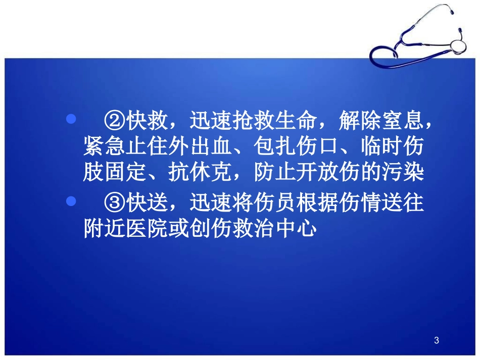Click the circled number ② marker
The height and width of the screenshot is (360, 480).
(x=115, y=121)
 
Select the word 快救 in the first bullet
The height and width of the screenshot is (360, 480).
(x=148, y=121)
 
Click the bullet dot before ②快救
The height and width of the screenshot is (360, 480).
(x=71, y=119)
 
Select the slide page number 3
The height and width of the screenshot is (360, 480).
(x=437, y=341)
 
